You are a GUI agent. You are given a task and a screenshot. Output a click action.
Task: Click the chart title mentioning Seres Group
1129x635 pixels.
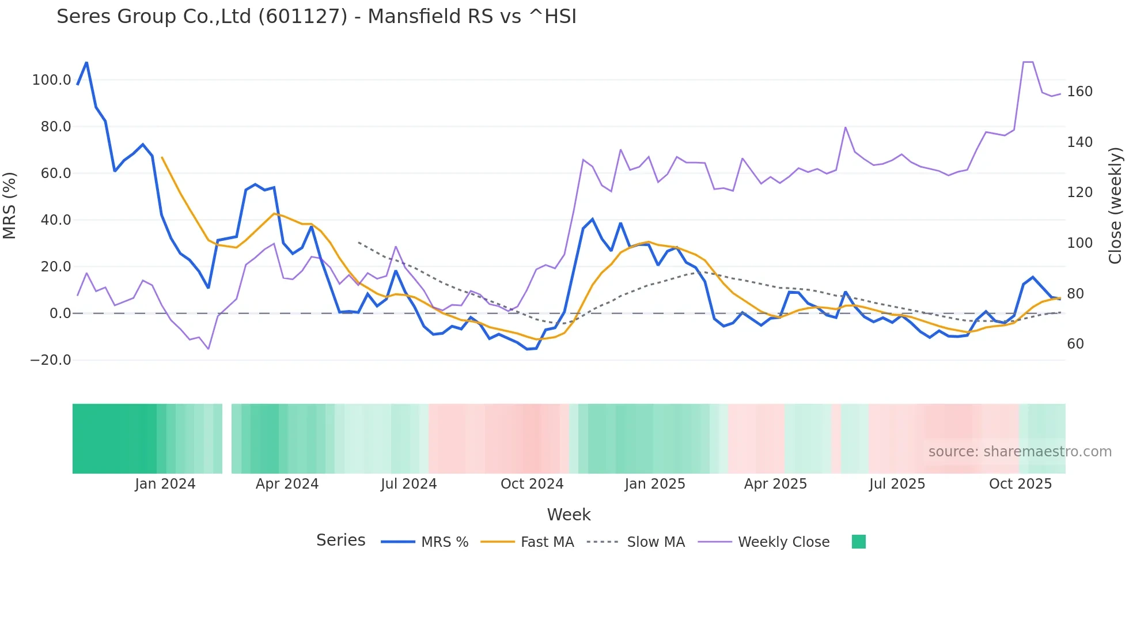pos(316,17)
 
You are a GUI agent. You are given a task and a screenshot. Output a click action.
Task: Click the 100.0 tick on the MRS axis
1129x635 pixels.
pos(51,80)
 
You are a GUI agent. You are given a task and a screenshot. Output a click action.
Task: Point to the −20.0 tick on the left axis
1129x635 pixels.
pos(50,360)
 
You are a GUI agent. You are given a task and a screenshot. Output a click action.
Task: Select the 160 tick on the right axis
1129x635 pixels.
pos(1079,92)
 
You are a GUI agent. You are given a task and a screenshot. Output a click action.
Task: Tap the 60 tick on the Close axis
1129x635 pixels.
pos(1075,344)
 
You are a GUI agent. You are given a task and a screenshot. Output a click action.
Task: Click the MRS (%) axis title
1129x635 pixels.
pos(10,205)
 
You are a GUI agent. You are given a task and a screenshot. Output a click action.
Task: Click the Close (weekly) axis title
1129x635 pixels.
pos(1116,205)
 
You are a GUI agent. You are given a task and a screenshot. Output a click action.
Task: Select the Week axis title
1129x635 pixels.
pos(569,515)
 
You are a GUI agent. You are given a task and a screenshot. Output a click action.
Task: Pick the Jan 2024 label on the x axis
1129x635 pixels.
pos(165,484)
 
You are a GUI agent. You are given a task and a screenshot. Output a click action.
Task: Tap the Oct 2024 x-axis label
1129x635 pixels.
pos(532,484)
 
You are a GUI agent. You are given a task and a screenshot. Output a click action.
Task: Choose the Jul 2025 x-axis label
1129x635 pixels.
pos(897,484)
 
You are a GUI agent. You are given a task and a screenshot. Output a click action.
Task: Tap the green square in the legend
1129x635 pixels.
pos(858,542)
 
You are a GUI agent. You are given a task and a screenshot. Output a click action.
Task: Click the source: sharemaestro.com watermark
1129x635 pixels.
pos(1020,452)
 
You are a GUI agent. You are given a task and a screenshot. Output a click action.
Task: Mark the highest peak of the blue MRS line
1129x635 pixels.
pos(86,62)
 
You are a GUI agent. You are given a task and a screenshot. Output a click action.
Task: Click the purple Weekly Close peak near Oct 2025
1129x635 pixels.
pos(1028,62)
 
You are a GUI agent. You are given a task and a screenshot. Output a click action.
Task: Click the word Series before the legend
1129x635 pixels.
pos(340,540)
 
